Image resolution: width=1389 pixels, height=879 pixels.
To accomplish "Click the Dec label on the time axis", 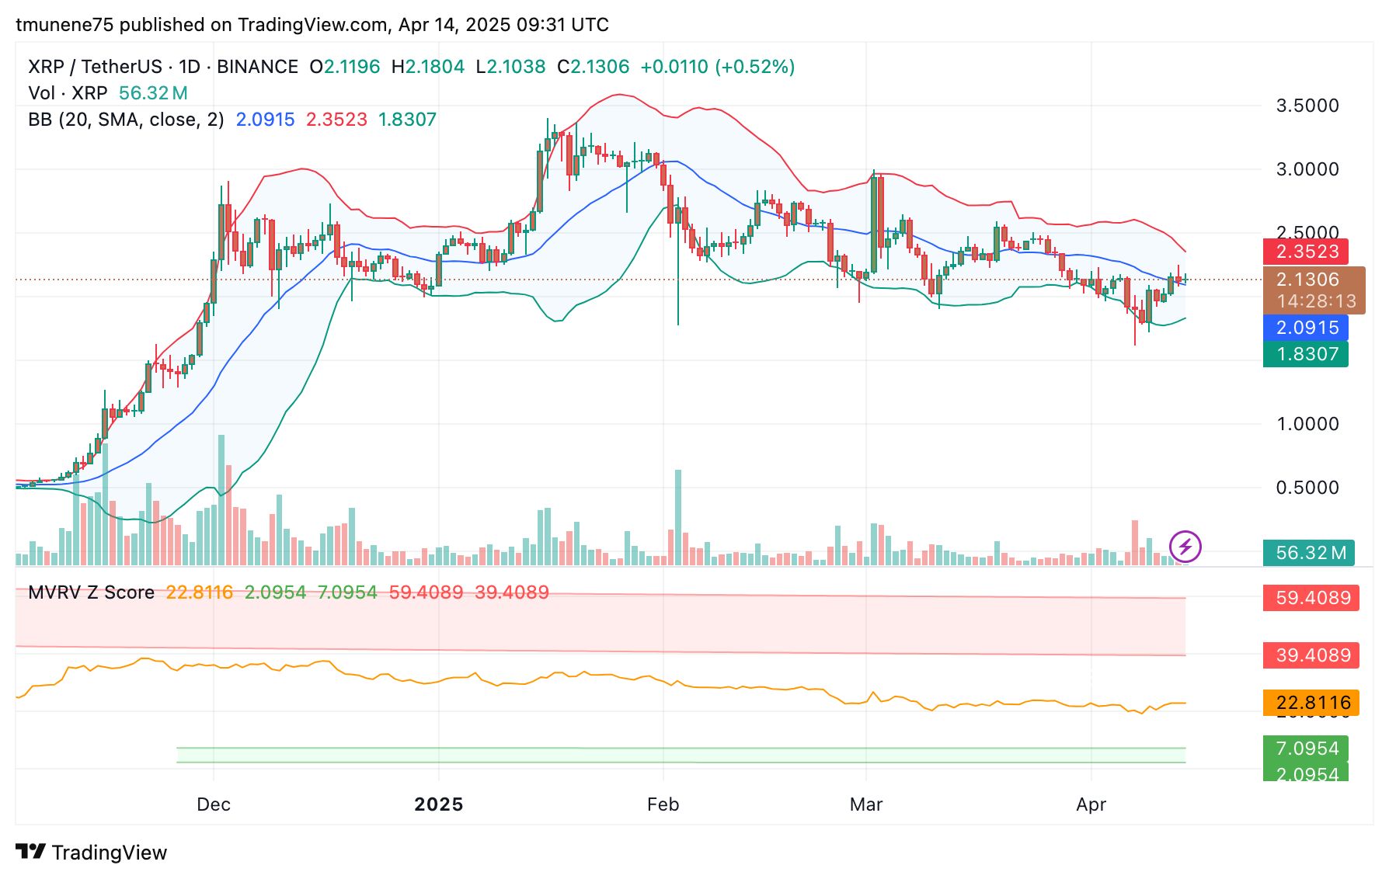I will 214,804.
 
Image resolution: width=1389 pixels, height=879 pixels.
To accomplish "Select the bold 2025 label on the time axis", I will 439,804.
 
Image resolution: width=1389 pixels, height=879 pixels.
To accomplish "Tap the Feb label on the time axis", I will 663,804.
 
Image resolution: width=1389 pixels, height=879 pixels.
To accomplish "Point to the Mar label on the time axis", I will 866,804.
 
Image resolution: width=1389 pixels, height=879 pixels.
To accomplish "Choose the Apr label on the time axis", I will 1091,804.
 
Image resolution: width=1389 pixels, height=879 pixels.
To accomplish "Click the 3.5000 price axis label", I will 1307,106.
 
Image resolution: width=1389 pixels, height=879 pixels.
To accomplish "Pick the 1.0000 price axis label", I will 1307,424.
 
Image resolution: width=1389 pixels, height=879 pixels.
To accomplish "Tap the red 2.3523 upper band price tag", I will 1307,252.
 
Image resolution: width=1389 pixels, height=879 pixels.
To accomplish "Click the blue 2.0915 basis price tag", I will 1307,328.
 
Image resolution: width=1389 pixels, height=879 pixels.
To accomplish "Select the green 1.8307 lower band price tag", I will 1307,354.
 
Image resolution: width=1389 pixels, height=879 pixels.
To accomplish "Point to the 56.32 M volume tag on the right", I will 1310,553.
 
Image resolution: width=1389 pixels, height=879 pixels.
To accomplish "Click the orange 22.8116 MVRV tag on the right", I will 1312,703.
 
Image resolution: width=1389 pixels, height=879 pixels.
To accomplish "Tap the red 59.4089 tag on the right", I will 1312,598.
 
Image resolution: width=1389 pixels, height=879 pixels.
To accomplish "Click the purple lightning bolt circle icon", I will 1185,546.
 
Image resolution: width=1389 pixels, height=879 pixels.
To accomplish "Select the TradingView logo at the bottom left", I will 92,853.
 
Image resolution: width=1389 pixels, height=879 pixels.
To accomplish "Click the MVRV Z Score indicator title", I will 91,592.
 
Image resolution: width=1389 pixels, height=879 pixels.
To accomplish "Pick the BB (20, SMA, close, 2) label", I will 126,120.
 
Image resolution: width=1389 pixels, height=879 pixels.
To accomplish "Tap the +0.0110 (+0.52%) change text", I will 717,67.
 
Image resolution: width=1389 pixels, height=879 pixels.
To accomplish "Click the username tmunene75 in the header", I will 64,25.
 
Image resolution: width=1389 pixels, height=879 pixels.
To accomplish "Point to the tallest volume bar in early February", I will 678,516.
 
